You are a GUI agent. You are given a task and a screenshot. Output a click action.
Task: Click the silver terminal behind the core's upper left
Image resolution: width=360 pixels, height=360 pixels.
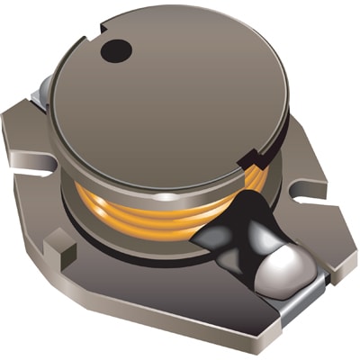click(40, 87)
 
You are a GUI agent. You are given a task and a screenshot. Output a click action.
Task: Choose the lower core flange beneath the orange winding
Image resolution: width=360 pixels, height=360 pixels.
click(135, 237)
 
